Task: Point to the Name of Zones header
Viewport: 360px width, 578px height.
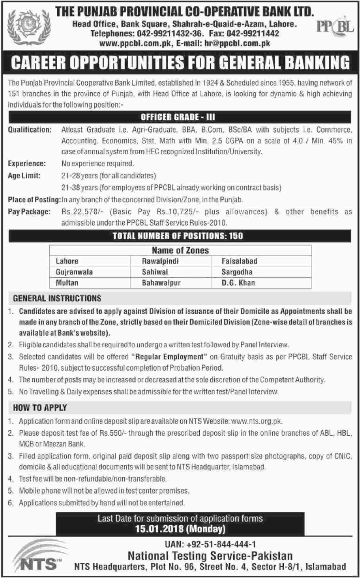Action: click(x=180, y=250)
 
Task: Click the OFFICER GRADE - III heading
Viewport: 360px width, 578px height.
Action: click(x=178, y=117)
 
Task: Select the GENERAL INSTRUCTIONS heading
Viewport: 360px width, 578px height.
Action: click(x=57, y=298)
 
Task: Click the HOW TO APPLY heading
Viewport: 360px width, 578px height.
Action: click(x=40, y=408)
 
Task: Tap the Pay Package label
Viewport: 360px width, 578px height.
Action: click(x=29, y=211)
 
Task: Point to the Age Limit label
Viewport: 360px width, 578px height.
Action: click(x=24, y=176)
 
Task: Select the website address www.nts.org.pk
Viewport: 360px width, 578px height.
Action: click(x=256, y=421)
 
